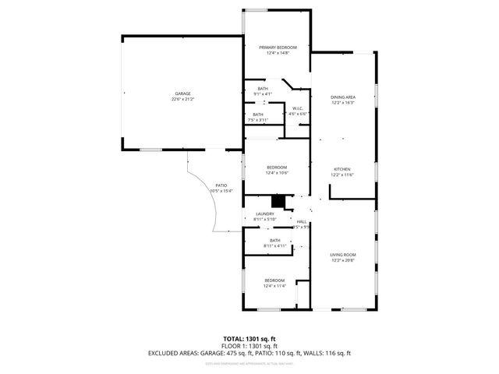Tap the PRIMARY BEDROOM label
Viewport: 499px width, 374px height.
[x=278, y=48]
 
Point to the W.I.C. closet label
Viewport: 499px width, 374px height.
[x=297, y=108]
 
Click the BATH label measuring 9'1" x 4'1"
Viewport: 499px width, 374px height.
[x=263, y=89]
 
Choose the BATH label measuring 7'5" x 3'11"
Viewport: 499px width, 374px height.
[x=257, y=115]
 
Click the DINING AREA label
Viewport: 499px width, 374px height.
[x=343, y=97]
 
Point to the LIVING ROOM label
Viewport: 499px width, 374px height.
[x=343, y=255]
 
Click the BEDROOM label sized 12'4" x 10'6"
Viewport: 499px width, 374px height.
[x=277, y=168]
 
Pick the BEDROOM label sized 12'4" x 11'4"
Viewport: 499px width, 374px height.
[x=274, y=280]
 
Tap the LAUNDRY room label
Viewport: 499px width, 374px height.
[x=264, y=214]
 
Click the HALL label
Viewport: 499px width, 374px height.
[x=301, y=222]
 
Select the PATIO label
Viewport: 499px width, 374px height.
[x=221, y=185]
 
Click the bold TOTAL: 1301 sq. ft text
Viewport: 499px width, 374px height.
[x=249, y=339]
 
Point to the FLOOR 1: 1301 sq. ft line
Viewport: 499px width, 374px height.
[x=249, y=346]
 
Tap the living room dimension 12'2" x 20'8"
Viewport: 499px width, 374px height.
[x=343, y=260]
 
